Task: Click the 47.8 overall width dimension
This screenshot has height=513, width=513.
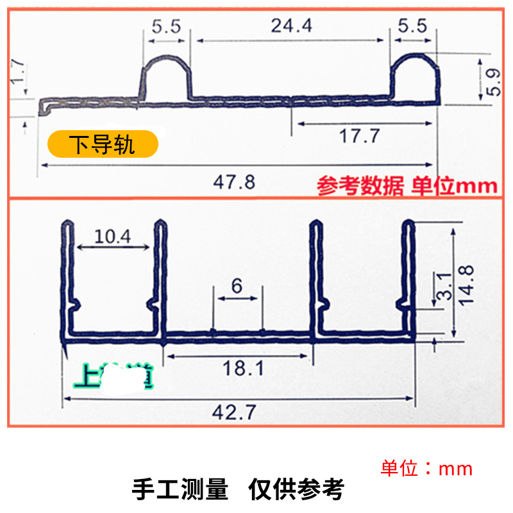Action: pyautogui.click(x=234, y=183)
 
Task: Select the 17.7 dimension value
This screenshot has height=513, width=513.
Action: pyautogui.click(x=359, y=136)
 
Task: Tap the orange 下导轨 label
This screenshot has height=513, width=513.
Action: pyautogui.click(x=103, y=144)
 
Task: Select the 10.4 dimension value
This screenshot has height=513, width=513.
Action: pyautogui.click(x=112, y=237)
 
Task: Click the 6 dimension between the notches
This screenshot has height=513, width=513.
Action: pyautogui.click(x=237, y=286)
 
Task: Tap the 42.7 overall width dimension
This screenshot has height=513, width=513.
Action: pyautogui.click(x=233, y=414)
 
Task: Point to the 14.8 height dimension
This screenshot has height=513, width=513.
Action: pyautogui.click(x=469, y=280)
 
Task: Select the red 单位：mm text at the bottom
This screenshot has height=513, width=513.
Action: pyautogui.click(x=426, y=469)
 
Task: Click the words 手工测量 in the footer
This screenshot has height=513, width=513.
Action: pyautogui.click(x=180, y=490)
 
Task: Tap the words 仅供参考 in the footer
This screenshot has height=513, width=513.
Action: pyautogui.click(x=296, y=490)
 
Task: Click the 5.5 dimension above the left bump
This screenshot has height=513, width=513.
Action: pyautogui.click(x=166, y=26)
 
